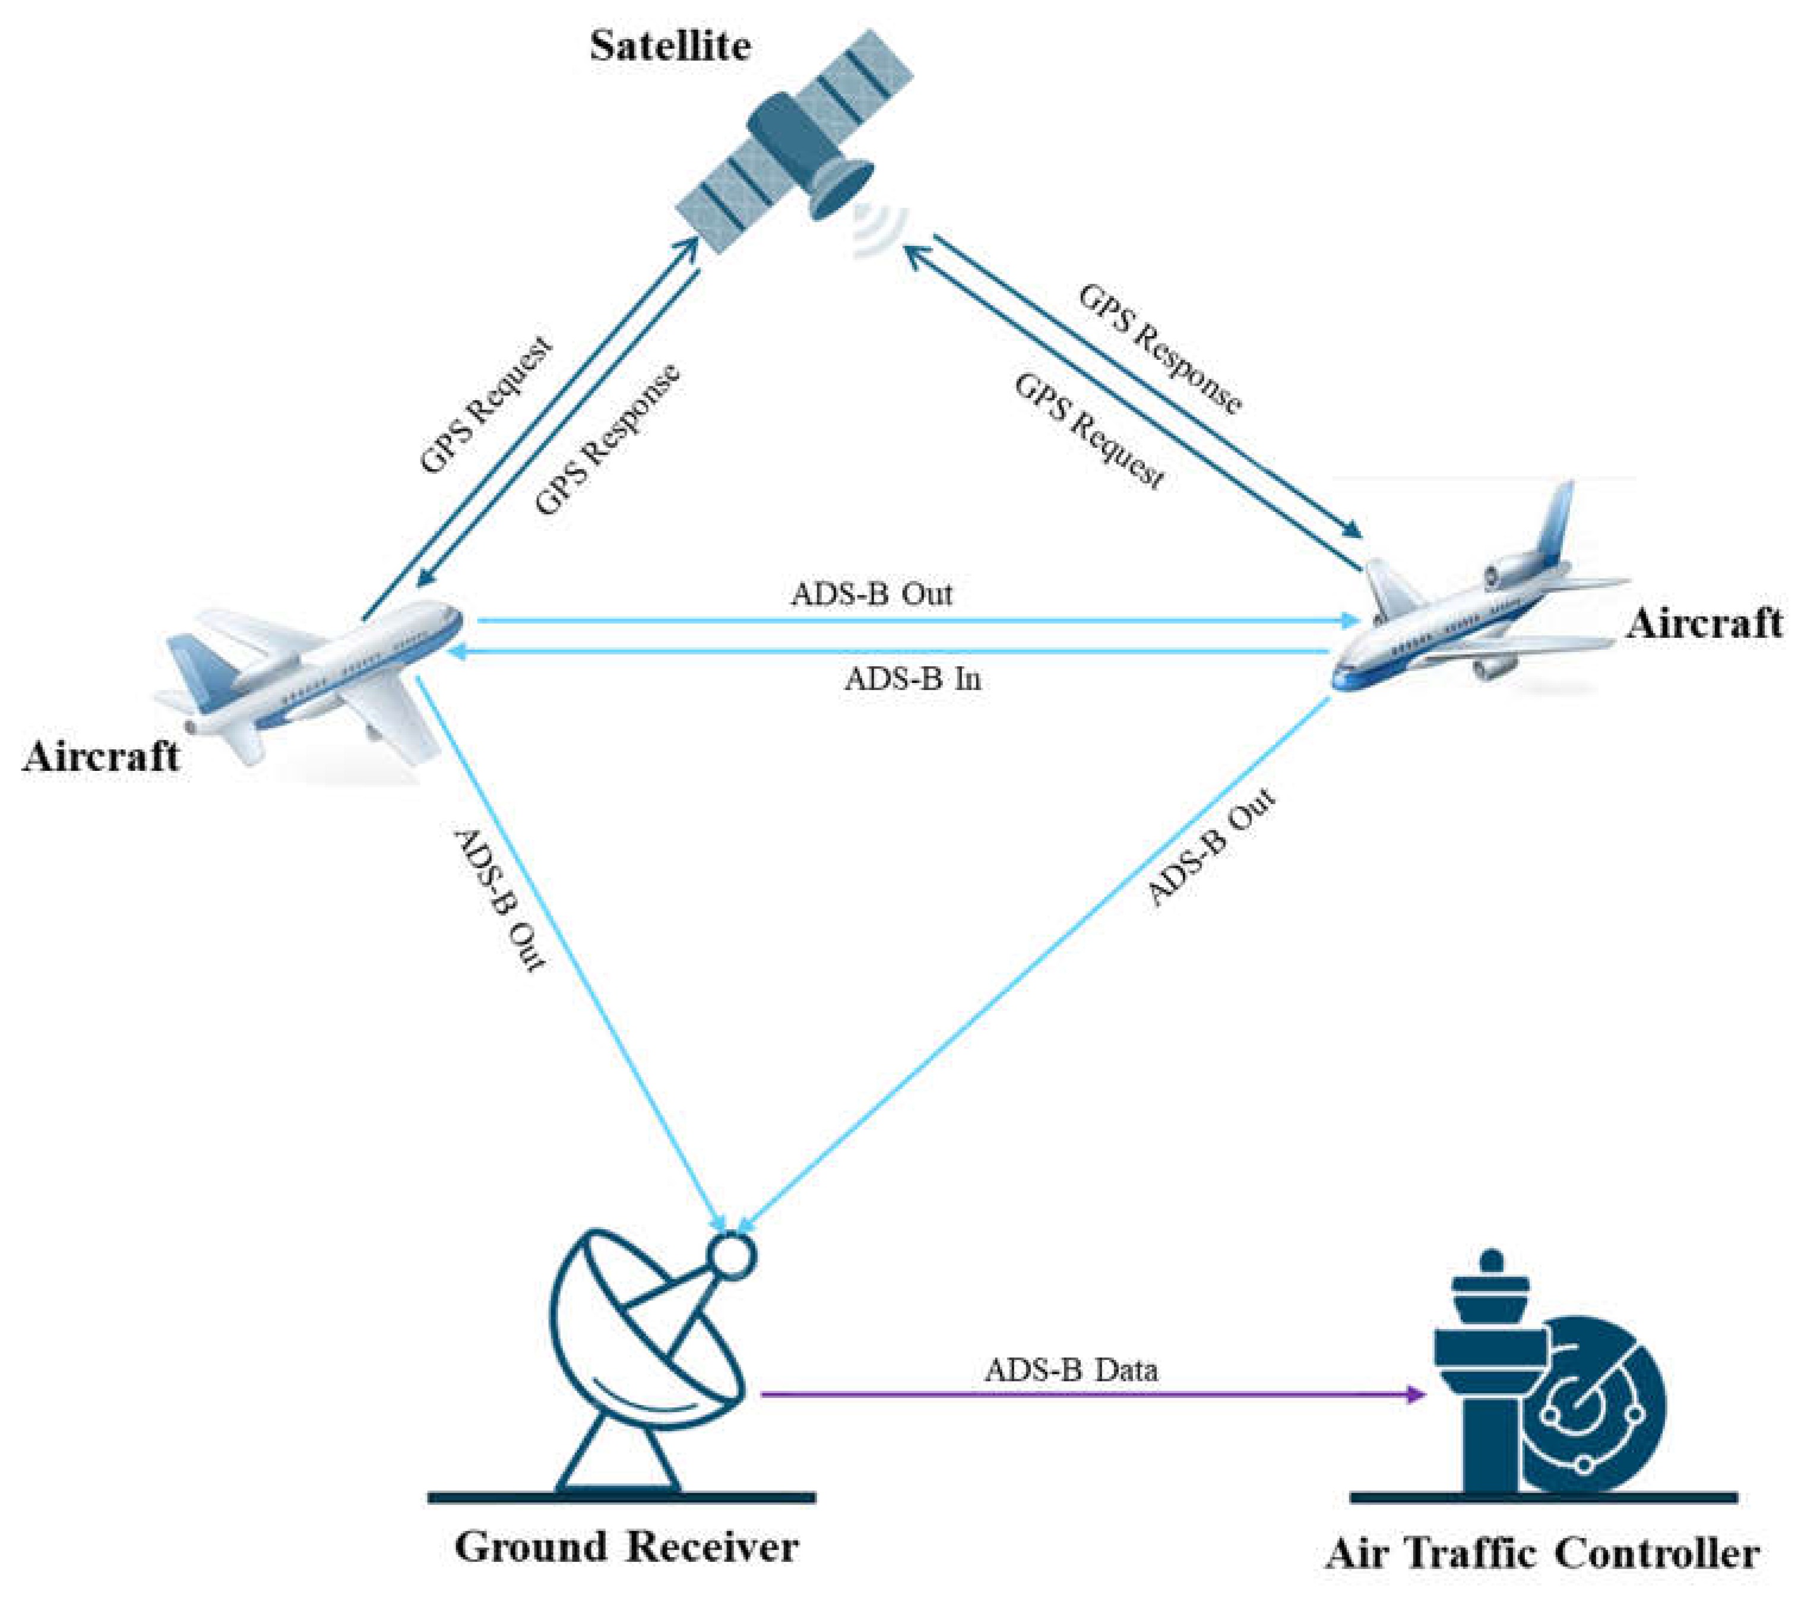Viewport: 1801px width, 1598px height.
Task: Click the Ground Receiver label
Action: pyautogui.click(x=626, y=1546)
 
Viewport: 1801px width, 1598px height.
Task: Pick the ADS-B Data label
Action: pyautogui.click(x=1071, y=1371)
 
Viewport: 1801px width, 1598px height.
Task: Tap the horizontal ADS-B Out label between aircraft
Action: pyautogui.click(x=872, y=594)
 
